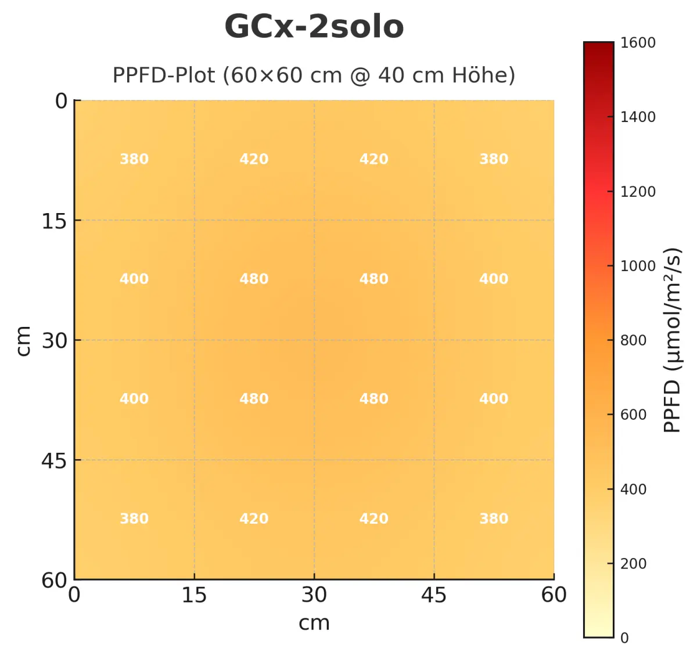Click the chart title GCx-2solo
pyautogui.click(x=314, y=27)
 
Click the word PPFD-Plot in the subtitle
pyautogui.click(x=163, y=75)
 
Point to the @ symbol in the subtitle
pyautogui.click(x=360, y=75)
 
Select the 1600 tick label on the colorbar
pyautogui.click(x=637, y=43)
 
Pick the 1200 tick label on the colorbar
pyautogui.click(x=637, y=192)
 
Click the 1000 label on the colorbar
pyautogui.click(x=637, y=266)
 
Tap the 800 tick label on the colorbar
pyautogui.click(x=633, y=340)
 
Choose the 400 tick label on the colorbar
pyautogui.click(x=633, y=489)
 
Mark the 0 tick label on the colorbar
pyautogui.click(x=624, y=638)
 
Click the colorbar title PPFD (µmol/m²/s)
pyautogui.click(x=672, y=340)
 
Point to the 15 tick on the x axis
pyautogui.click(x=194, y=595)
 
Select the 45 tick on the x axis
pyautogui.click(x=434, y=595)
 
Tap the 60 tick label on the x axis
pyautogui.click(x=554, y=595)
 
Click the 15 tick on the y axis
pyautogui.click(x=54, y=221)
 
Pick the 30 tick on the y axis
pyautogui.click(x=54, y=341)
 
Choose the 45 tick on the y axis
pyautogui.click(x=54, y=461)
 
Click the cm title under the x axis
pyautogui.click(x=314, y=623)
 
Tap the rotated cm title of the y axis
pyautogui.click(x=23, y=340)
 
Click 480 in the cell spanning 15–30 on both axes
pyautogui.click(x=254, y=279)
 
